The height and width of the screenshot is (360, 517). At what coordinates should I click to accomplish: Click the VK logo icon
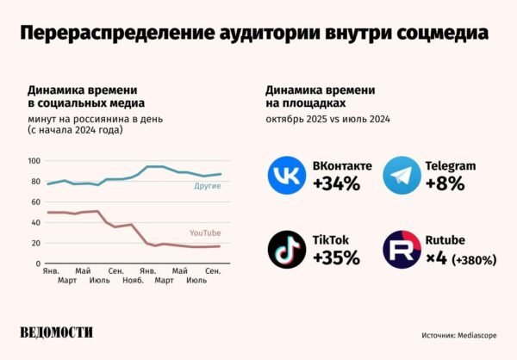(287, 175)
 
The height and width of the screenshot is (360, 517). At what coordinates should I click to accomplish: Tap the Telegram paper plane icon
(402, 175)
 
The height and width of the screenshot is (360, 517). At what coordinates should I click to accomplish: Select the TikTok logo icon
(287, 250)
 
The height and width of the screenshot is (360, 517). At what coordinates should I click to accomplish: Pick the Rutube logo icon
(402, 250)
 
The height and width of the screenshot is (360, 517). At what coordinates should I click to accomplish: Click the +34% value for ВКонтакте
(336, 183)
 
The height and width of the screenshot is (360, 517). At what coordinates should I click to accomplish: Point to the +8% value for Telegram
(445, 183)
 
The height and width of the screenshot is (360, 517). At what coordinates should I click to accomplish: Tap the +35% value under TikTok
(336, 258)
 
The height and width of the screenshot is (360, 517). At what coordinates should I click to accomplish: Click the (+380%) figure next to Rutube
(474, 260)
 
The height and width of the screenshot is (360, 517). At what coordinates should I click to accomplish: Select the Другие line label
(208, 186)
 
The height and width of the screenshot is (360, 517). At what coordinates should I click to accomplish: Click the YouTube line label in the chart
(205, 233)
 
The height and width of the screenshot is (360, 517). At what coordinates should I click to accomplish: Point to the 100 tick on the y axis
(34, 161)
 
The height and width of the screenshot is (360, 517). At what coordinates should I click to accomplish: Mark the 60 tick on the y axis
(35, 202)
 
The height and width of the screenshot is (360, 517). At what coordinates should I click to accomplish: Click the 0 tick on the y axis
(38, 264)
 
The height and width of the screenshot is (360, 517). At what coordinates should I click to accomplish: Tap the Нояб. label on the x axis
(134, 281)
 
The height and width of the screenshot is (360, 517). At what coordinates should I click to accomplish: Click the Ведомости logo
(56, 332)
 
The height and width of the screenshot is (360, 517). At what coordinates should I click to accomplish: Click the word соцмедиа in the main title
(443, 33)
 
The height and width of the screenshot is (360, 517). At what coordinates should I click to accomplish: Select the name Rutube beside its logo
(445, 240)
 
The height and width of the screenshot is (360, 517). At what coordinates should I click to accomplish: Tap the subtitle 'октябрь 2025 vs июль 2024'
(327, 119)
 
